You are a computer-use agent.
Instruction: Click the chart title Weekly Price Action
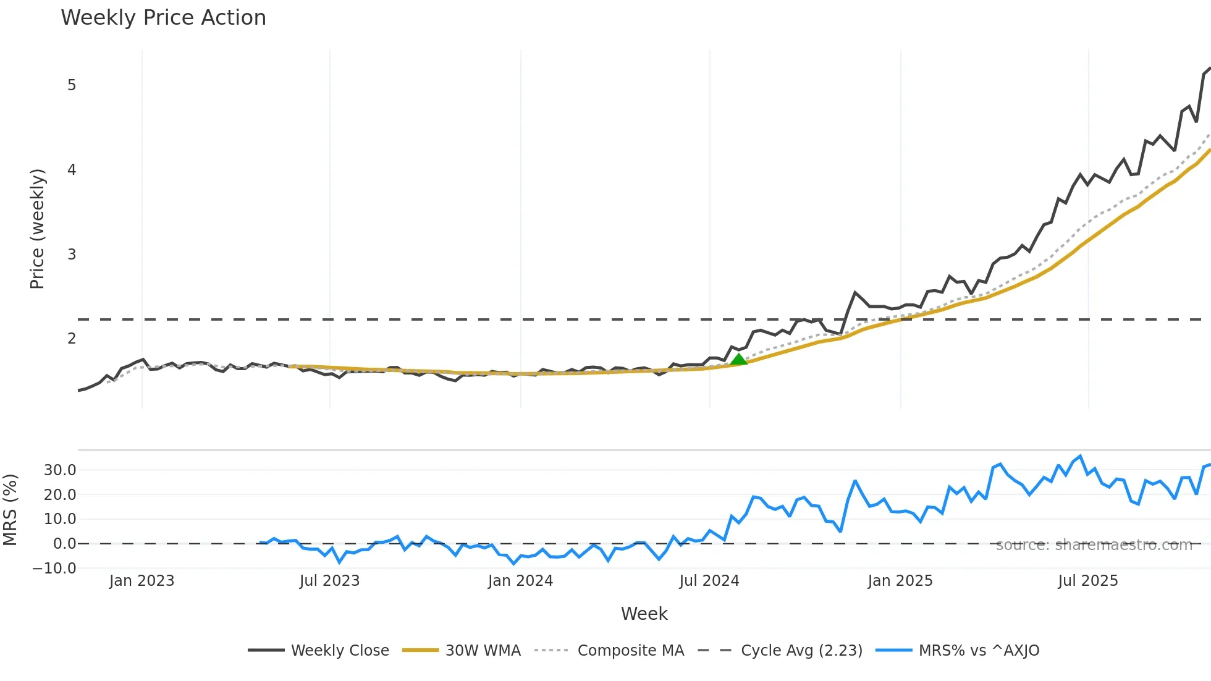(x=163, y=18)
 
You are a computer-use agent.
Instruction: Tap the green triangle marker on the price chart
(x=738, y=359)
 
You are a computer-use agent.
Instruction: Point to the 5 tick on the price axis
(x=72, y=85)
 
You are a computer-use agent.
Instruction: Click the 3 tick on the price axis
(x=72, y=255)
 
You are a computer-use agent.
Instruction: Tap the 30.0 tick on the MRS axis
(x=60, y=470)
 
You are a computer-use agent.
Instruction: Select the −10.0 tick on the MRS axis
(x=54, y=569)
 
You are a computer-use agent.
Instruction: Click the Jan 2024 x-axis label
(x=520, y=581)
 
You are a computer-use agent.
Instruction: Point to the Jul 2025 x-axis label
(x=1088, y=581)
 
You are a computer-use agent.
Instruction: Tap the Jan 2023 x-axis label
(x=141, y=581)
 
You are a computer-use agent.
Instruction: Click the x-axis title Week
(x=644, y=614)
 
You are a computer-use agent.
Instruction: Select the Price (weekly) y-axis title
(x=37, y=229)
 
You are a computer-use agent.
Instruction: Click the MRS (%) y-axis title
(x=10, y=510)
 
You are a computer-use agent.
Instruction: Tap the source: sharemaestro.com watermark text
(x=1094, y=545)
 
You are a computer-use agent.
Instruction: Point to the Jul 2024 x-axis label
(x=709, y=581)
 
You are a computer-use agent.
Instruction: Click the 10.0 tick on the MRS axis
(x=60, y=519)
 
